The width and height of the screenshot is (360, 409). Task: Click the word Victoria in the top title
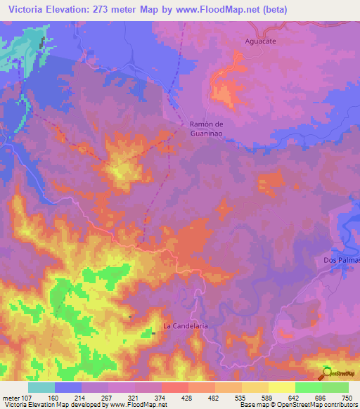pos(28,9)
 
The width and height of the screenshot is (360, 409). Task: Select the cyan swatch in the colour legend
pos(41,387)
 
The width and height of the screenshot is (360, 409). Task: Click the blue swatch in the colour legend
pos(68,387)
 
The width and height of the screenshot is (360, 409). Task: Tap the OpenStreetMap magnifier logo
pos(328,372)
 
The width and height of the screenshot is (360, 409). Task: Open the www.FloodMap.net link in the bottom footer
pos(139,404)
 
